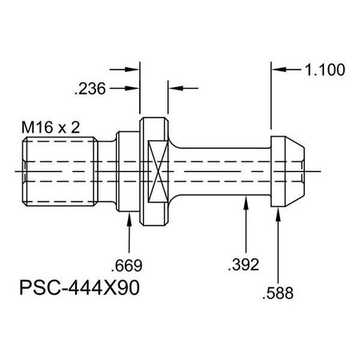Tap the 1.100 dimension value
point(325,70)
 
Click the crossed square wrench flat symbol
point(156,170)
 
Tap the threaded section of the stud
point(61,170)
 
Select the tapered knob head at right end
point(289,170)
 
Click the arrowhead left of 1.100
point(277,70)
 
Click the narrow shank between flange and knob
point(224,170)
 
